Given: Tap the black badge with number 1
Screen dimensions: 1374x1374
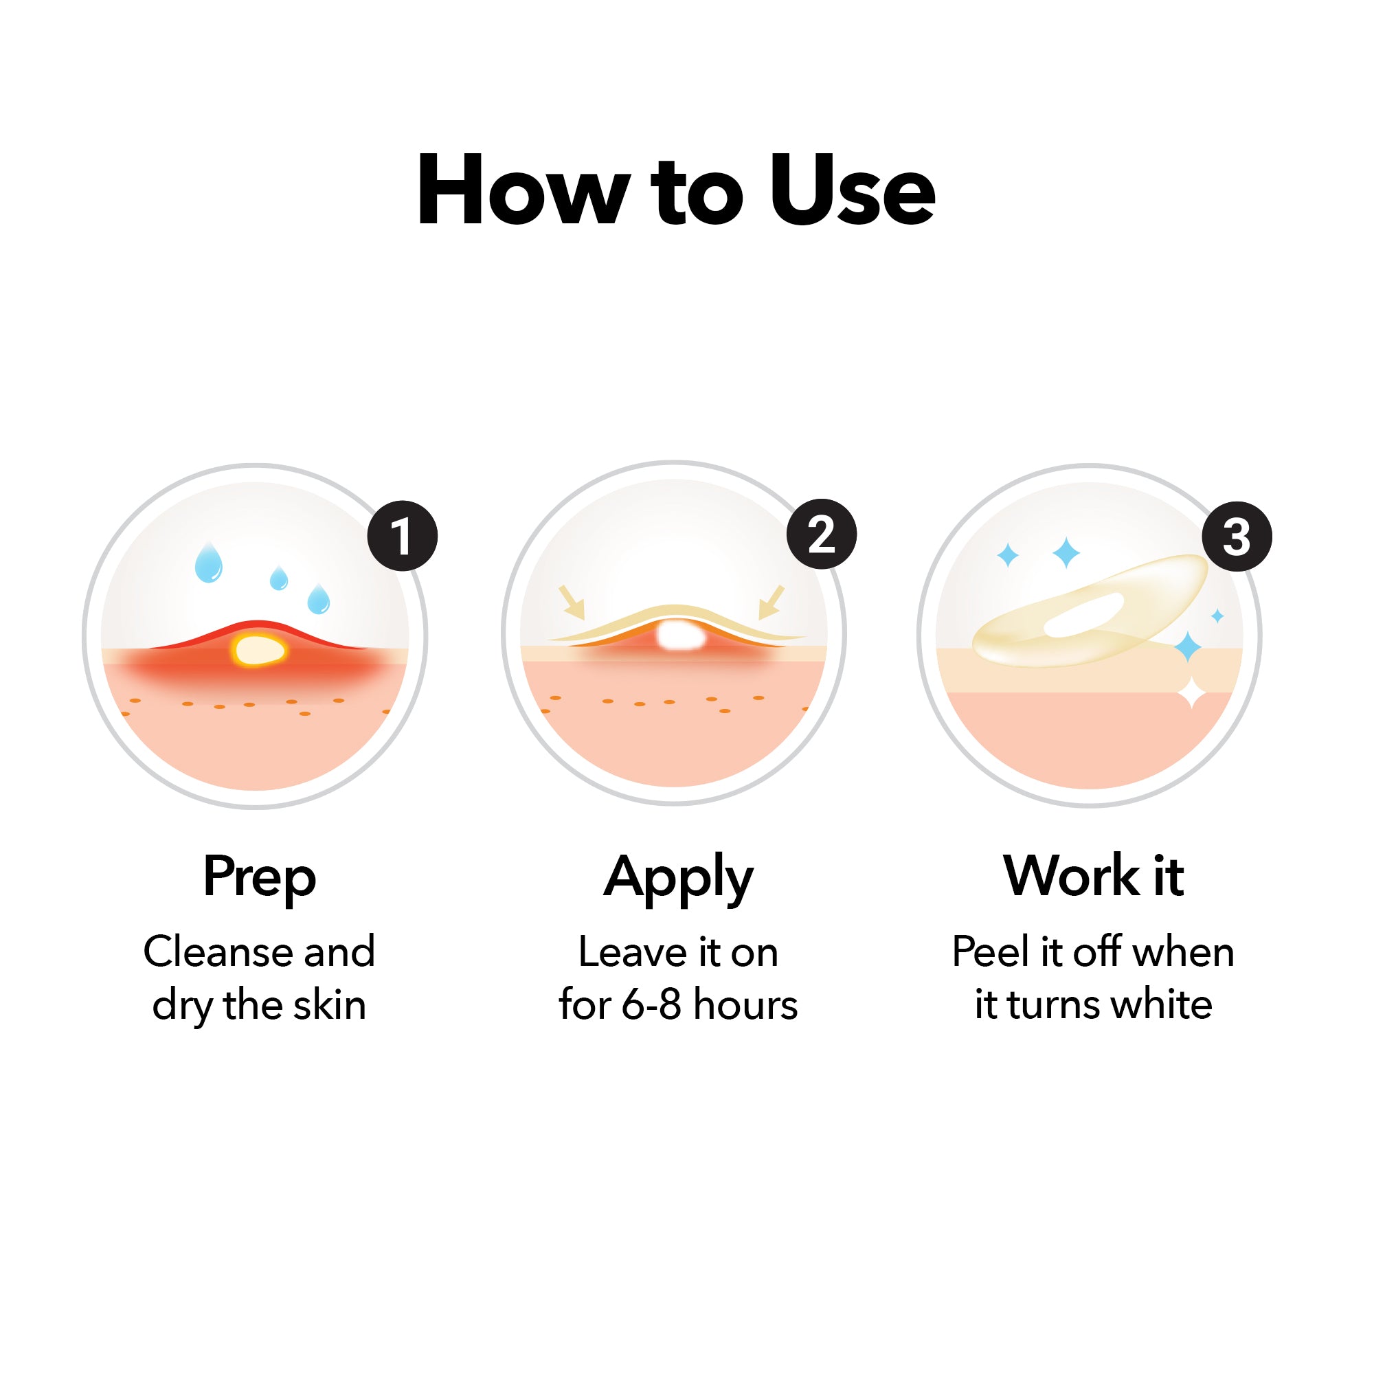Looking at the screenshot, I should click(403, 537).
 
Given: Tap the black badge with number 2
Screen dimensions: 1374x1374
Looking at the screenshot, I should click(822, 534).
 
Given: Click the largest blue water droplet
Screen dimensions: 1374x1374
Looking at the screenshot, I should click(208, 564).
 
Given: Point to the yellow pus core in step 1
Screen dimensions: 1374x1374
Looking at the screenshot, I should click(260, 650).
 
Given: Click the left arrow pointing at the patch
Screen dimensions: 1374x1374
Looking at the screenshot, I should click(572, 602).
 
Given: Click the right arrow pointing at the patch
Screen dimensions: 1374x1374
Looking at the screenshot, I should click(772, 602).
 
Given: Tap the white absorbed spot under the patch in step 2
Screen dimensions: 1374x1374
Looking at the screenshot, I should click(680, 635).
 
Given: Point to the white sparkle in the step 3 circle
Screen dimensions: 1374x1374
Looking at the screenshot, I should click(1193, 692).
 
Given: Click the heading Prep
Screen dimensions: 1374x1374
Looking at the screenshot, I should click(260, 877).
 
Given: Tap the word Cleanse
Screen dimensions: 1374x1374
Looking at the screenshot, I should click(219, 951).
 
